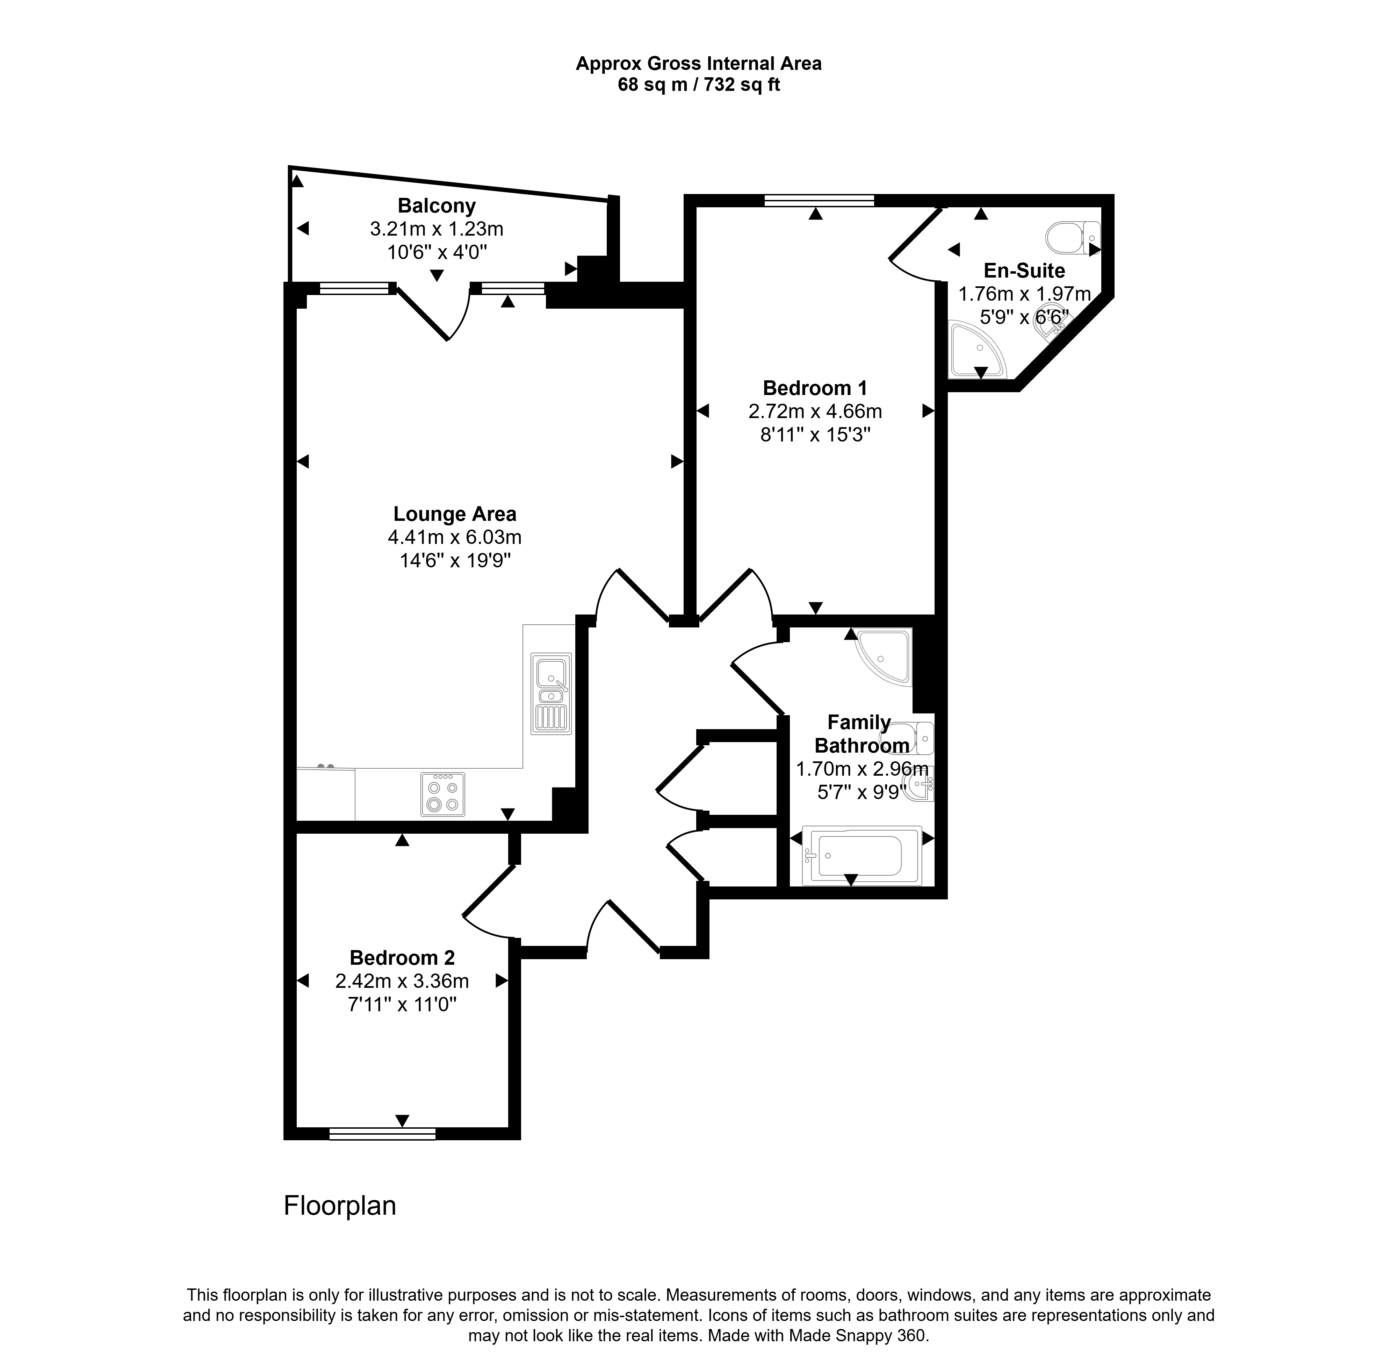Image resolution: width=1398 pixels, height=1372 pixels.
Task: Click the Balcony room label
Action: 437,206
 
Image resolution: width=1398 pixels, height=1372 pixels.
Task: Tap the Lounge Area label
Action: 455,514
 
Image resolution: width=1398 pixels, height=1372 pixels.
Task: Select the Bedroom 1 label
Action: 815,388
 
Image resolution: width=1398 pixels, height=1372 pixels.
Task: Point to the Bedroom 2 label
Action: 402,958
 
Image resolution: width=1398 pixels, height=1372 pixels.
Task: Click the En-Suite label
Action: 1024,271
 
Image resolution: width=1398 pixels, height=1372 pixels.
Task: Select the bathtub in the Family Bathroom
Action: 862,855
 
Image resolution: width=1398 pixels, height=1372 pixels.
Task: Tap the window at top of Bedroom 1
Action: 819,200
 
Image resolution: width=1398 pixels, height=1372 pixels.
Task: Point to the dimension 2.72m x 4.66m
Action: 815,411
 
